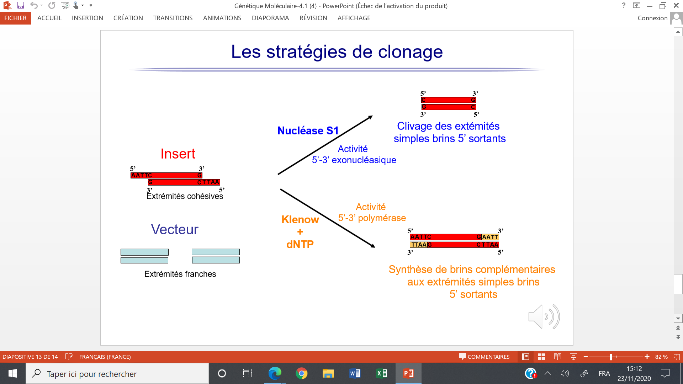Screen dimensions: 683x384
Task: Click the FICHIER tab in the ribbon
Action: pyautogui.click(x=15, y=18)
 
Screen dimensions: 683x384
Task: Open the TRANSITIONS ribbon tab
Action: pyautogui.click(x=173, y=18)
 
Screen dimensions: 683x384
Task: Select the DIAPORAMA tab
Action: pyautogui.click(x=270, y=18)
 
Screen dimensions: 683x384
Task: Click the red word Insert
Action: pyautogui.click(x=178, y=154)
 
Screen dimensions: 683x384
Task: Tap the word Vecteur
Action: pyautogui.click(x=175, y=229)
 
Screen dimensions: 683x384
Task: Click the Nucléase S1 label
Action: pyautogui.click(x=308, y=130)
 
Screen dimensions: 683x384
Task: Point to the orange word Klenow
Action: pyautogui.click(x=300, y=219)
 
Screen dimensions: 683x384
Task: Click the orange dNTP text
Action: pyautogui.click(x=300, y=244)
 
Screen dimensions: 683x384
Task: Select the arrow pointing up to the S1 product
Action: pyautogui.click(x=325, y=145)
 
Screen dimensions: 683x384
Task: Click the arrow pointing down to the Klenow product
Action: pyautogui.click(x=328, y=218)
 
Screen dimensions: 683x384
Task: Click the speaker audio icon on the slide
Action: pyautogui.click(x=544, y=316)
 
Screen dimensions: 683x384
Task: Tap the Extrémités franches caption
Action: pyautogui.click(x=180, y=274)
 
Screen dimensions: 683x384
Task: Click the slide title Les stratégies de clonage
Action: pyautogui.click(x=337, y=52)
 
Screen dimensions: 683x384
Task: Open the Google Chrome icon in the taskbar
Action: pyautogui.click(x=301, y=373)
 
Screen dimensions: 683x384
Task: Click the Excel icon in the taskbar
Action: pyautogui.click(x=382, y=373)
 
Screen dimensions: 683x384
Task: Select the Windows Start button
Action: pyautogui.click(x=13, y=373)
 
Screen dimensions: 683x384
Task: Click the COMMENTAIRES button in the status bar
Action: pyautogui.click(x=484, y=357)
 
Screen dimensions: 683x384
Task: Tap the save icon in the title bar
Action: pyautogui.click(x=21, y=5)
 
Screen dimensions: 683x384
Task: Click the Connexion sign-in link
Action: pyautogui.click(x=652, y=18)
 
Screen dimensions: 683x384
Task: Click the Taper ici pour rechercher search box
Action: pyautogui.click(x=117, y=373)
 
